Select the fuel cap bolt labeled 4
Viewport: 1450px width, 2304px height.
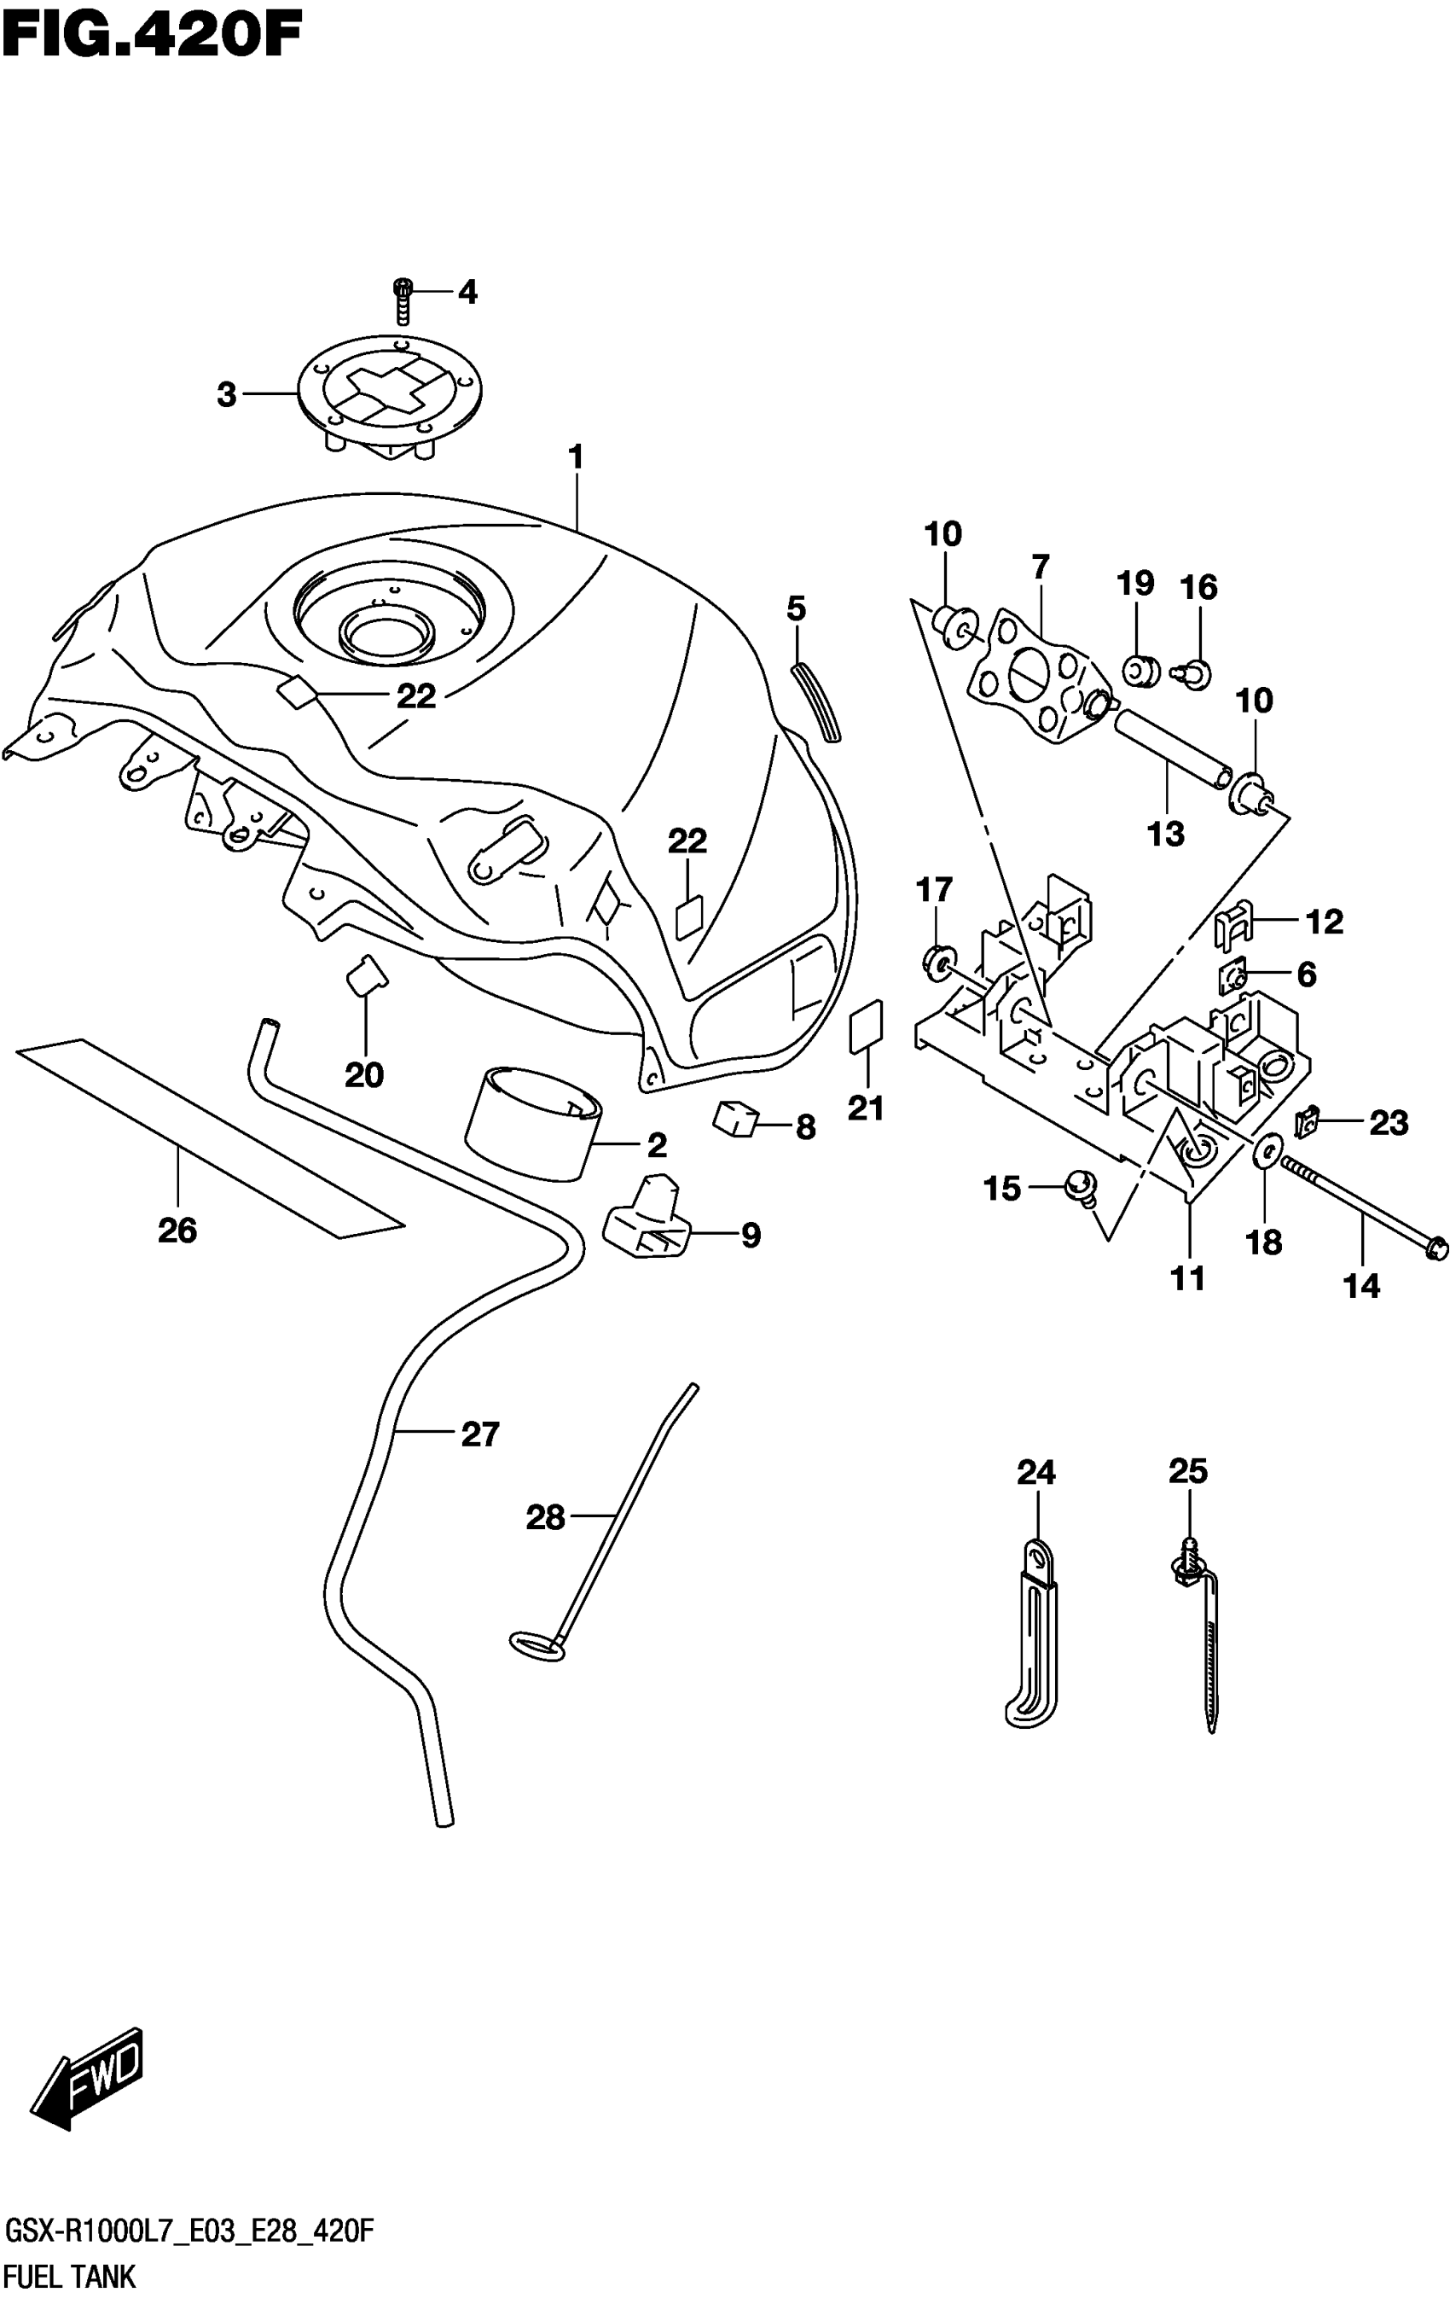403,300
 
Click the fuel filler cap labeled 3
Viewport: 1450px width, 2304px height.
391,396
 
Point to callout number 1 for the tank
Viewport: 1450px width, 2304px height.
576,458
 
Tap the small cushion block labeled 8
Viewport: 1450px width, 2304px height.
734,1120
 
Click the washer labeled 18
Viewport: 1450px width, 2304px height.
1264,1150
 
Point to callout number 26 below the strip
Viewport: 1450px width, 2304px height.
178,1230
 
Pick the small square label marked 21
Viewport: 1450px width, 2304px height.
867,1027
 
